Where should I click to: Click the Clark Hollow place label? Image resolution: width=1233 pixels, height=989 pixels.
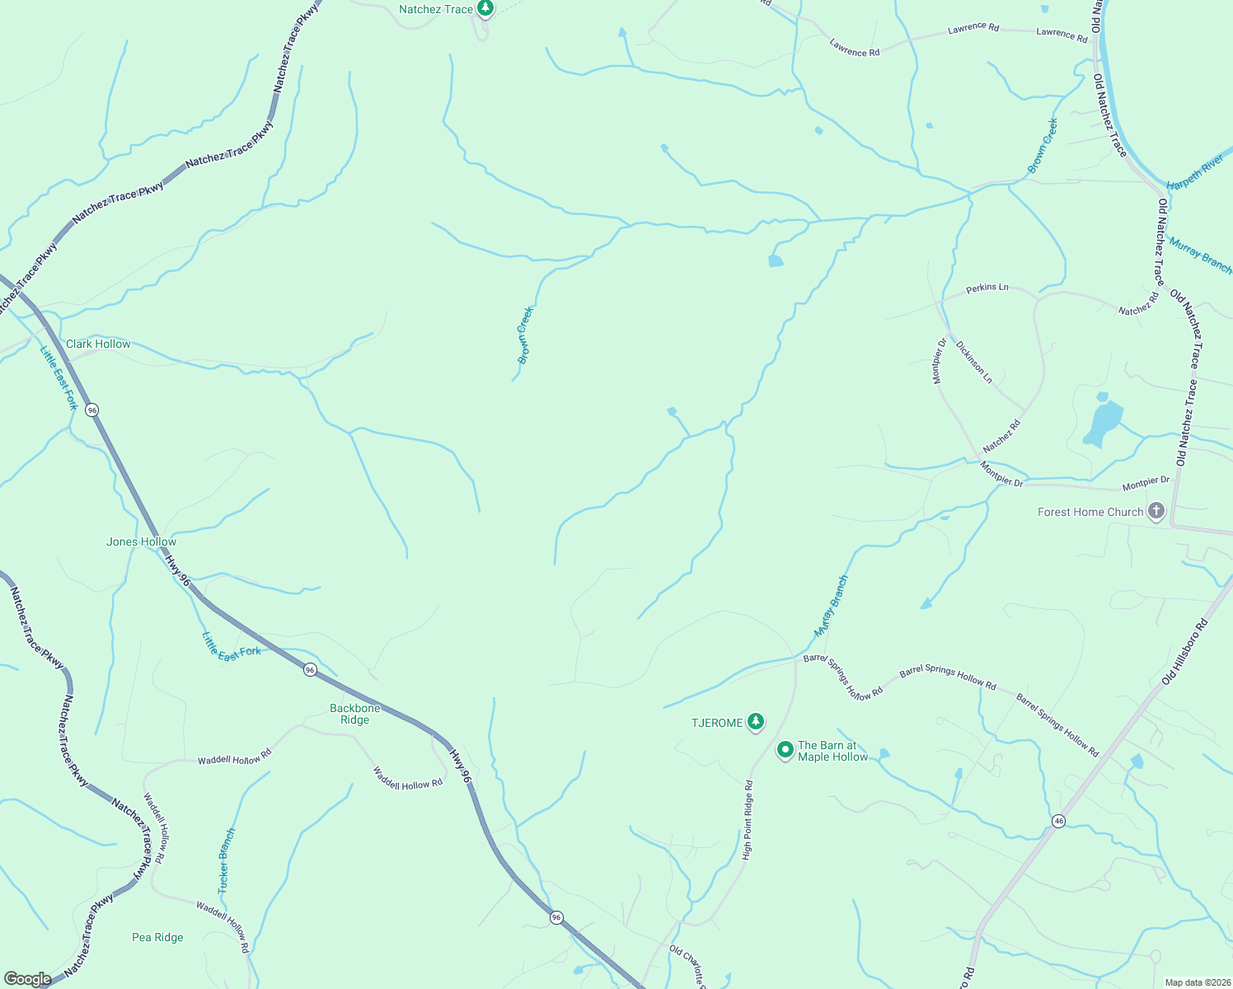pyautogui.click(x=98, y=344)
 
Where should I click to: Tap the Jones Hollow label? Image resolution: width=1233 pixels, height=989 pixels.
pyautogui.click(x=141, y=541)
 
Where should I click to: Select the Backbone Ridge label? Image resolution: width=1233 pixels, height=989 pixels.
pyautogui.click(x=355, y=714)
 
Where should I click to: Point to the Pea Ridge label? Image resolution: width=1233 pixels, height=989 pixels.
pyautogui.click(x=157, y=937)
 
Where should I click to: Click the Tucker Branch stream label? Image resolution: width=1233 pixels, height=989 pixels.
pyautogui.click(x=226, y=861)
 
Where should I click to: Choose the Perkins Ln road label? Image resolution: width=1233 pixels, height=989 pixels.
pyautogui.click(x=987, y=288)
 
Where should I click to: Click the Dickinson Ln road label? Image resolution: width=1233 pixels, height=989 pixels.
pyautogui.click(x=974, y=362)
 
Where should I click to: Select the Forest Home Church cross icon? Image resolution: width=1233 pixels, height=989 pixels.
pyautogui.click(x=1156, y=512)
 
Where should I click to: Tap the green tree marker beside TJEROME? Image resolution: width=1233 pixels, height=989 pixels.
pyautogui.click(x=756, y=722)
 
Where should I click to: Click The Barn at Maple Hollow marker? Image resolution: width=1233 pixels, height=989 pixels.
pyautogui.click(x=785, y=750)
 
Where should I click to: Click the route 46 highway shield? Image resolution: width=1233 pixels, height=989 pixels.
pyautogui.click(x=1059, y=821)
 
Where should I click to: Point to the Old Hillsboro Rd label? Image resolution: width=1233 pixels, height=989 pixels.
pyautogui.click(x=1184, y=652)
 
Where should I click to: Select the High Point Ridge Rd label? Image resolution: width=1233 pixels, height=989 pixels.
pyautogui.click(x=748, y=820)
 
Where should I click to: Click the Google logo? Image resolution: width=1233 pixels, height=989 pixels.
pyautogui.click(x=27, y=979)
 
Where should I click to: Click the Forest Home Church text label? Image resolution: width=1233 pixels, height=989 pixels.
pyautogui.click(x=1090, y=512)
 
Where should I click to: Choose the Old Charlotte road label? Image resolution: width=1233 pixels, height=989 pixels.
pyautogui.click(x=688, y=966)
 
